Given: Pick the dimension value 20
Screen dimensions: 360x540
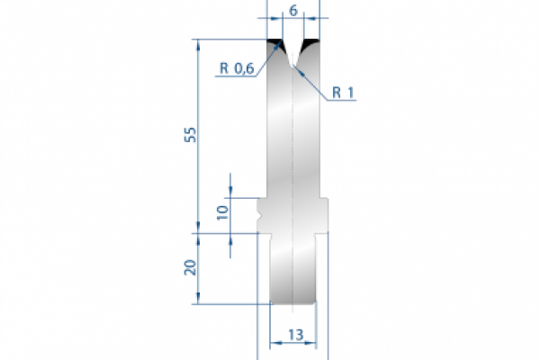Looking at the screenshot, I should coord(189,267).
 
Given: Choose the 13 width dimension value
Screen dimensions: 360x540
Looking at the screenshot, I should coord(294,335).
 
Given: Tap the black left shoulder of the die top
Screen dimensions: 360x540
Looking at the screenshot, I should coord(274,45).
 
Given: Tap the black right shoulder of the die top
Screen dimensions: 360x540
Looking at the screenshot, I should coord(312,45).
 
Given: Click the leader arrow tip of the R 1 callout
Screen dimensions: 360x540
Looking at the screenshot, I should coord(297,72).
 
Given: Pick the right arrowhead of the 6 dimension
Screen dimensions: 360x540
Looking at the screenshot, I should coord(307,17).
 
